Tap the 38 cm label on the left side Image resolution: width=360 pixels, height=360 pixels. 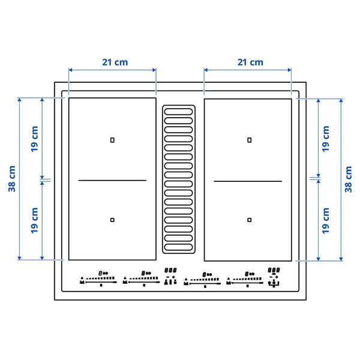(x=12, y=178)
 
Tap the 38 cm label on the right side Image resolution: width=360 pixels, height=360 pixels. (x=348, y=178)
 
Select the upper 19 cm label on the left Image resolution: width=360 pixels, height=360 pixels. (x=35, y=137)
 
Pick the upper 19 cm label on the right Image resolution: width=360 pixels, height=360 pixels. (x=326, y=137)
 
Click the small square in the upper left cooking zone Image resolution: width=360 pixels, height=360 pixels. (x=112, y=140)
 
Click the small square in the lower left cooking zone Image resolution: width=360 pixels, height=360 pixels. (x=112, y=220)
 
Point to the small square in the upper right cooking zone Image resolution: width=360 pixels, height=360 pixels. (x=250, y=140)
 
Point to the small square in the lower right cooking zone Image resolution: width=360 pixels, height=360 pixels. (x=250, y=220)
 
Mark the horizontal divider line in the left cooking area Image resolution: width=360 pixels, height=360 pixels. (x=112, y=180)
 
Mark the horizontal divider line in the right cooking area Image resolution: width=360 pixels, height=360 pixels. (x=248, y=181)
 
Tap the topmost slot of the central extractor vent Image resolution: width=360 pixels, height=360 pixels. (x=178, y=112)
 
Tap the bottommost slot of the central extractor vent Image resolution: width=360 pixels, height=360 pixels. (x=178, y=247)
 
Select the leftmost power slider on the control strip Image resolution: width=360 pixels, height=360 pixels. (x=99, y=279)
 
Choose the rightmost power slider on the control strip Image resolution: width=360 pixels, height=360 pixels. (x=246, y=280)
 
